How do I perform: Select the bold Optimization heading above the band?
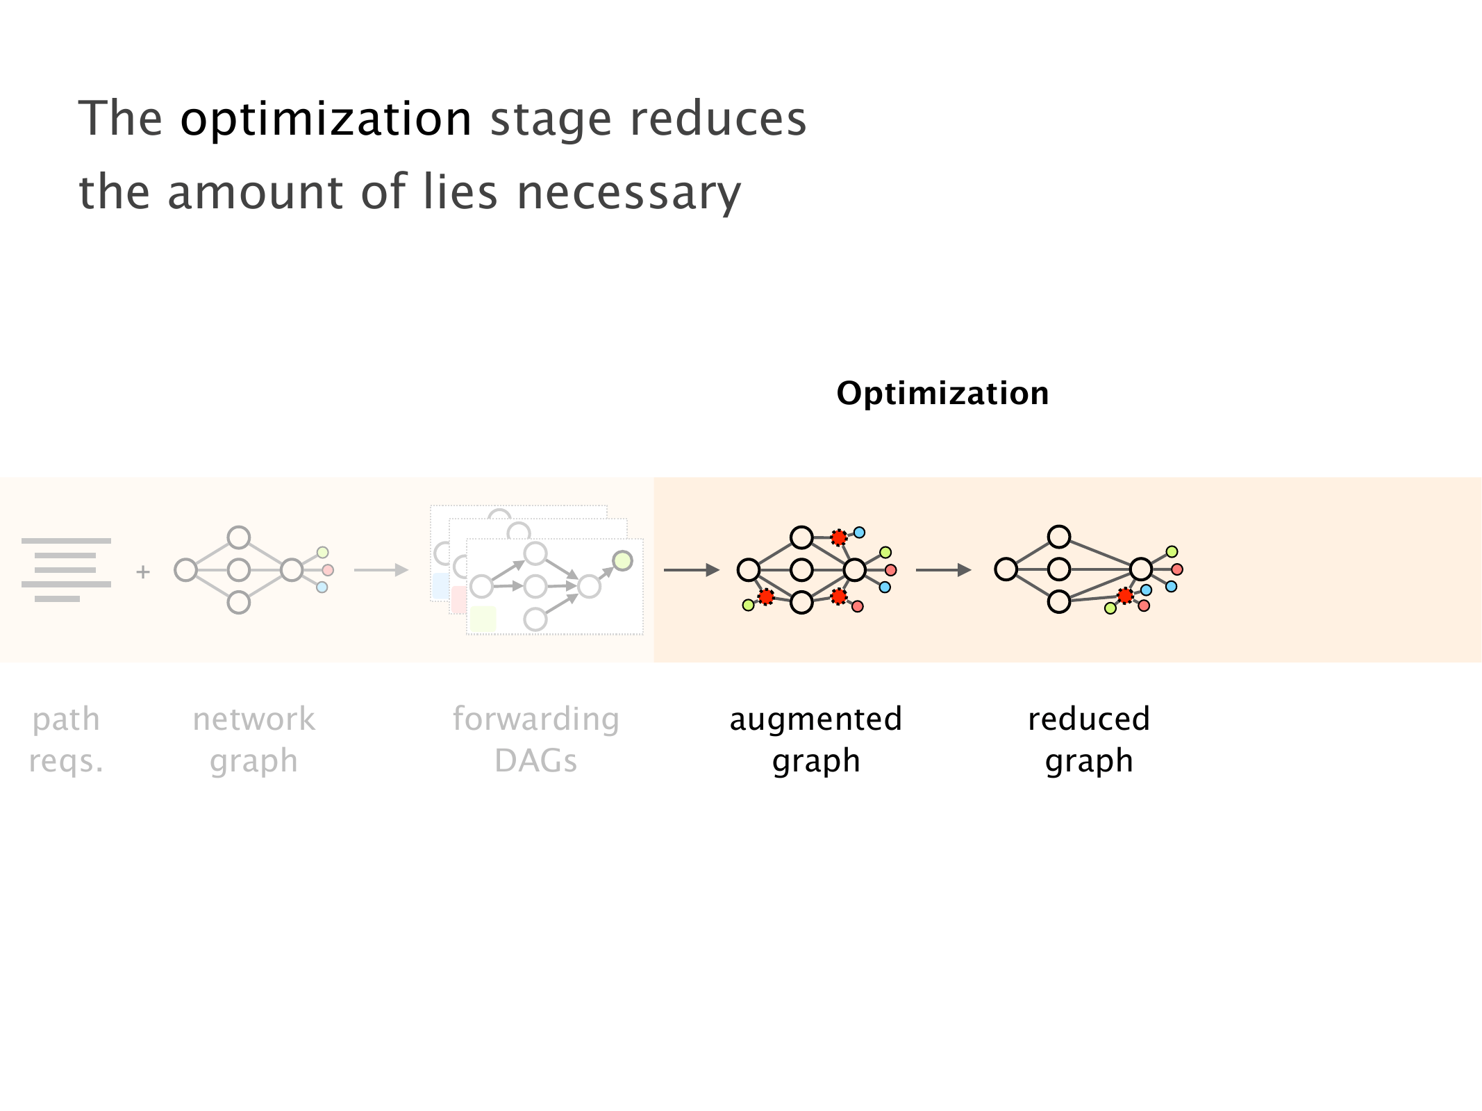point(942,394)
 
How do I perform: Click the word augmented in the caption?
point(815,719)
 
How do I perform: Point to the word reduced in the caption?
point(1088,719)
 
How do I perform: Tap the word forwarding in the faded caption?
point(535,719)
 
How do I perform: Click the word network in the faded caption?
point(253,719)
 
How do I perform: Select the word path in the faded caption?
point(66,719)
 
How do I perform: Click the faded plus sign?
point(143,572)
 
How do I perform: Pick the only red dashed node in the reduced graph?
point(1125,595)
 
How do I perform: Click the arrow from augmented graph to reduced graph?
point(943,570)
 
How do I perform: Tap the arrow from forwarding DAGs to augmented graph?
point(691,570)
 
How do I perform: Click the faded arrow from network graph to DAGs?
point(381,570)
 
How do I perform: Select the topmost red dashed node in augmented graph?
point(839,537)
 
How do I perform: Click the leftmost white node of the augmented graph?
point(748,569)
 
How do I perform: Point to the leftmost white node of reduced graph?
point(1006,569)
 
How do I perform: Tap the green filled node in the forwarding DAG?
point(622,560)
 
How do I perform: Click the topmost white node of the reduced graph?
point(1058,537)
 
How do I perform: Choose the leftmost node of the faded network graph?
point(185,570)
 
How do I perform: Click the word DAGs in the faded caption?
point(535,761)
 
